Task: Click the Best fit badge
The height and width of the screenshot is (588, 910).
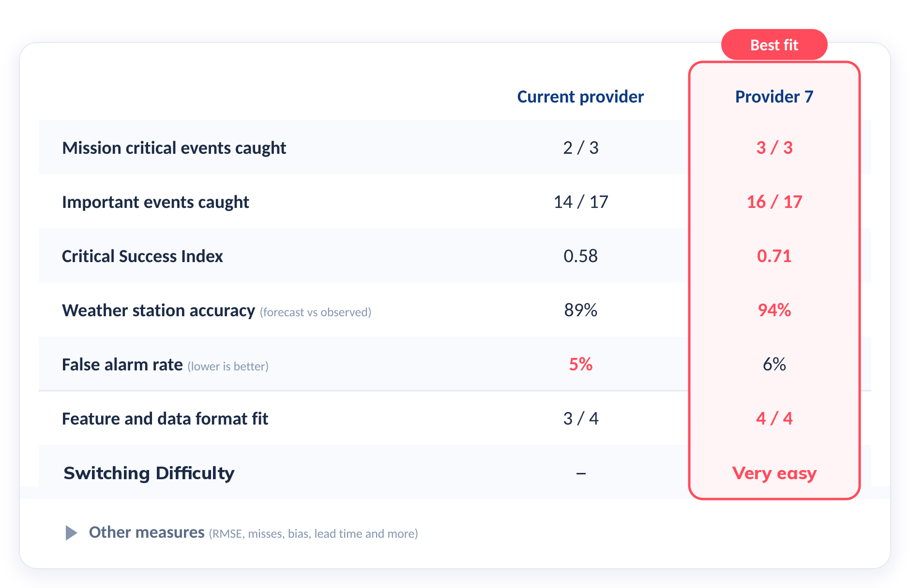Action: tap(774, 44)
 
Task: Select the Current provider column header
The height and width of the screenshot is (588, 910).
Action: tap(580, 97)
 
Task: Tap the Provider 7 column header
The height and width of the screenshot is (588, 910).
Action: tap(774, 97)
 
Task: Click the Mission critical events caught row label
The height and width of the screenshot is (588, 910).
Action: tap(174, 148)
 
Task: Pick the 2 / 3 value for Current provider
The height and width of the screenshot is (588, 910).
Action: tap(581, 147)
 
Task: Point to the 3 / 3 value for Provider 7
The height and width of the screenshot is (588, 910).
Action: tap(774, 147)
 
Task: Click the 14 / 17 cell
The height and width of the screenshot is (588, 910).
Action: tap(581, 202)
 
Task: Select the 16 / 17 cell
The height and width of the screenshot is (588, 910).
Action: tap(774, 202)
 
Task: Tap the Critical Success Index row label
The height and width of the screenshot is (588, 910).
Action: tap(142, 256)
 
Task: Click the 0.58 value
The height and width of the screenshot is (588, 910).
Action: tap(581, 256)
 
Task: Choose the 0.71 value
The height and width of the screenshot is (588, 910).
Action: tap(774, 256)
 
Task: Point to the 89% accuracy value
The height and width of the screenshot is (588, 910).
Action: tap(581, 310)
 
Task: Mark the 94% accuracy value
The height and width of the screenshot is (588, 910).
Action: tap(774, 310)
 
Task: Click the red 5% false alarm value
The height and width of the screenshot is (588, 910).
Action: tap(581, 364)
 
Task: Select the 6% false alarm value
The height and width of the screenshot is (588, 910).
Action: tap(774, 364)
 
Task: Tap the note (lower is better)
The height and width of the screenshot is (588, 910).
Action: tap(228, 366)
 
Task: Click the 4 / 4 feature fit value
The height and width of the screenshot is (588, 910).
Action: tap(774, 418)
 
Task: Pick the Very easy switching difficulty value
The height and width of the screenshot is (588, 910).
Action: tap(774, 473)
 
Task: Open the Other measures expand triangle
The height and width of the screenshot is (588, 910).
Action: tap(71, 533)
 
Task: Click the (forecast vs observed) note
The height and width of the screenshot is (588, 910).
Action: tap(316, 312)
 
